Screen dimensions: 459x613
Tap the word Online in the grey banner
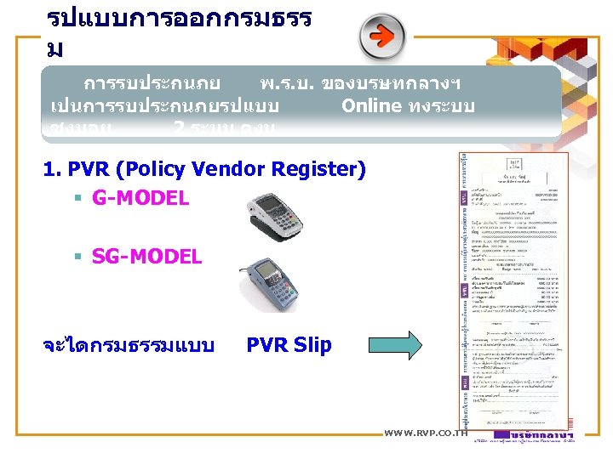coord(370,106)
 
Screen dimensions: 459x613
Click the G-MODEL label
coord(140,199)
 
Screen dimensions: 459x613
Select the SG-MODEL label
coord(147,256)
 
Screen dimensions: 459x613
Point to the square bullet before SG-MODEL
coord(77,257)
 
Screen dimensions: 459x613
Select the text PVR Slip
coord(289,345)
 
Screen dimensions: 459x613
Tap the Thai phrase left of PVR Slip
coord(128,345)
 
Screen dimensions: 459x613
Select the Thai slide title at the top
coord(179,30)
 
